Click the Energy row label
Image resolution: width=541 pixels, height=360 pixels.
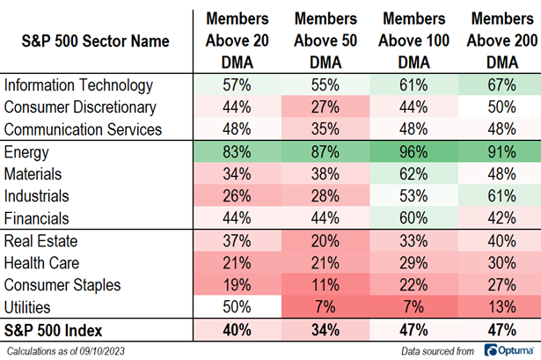[26, 152]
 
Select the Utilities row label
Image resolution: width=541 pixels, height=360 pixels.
[27, 307]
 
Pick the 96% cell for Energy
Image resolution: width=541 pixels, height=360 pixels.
[412, 152]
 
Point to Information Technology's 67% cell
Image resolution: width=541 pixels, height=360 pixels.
[500, 85]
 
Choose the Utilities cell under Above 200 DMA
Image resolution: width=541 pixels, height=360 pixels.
[500, 307]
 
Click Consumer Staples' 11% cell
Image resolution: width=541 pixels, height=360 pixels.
[324, 285]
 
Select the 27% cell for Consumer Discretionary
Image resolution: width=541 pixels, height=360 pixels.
[324, 107]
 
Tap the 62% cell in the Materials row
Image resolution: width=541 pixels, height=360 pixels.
[412, 174]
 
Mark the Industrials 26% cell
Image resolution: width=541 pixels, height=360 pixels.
[236, 196]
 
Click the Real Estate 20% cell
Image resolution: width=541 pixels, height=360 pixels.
[324, 241]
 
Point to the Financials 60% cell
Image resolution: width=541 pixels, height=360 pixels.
[412, 218]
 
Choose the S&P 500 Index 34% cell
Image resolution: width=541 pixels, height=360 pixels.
[324, 330]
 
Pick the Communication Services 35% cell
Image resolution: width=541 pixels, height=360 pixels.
[324, 129]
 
